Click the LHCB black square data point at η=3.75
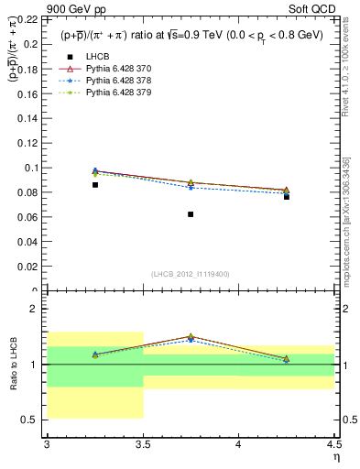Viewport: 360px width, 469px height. click(x=191, y=214)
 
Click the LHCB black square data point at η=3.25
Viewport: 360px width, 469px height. click(x=94, y=185)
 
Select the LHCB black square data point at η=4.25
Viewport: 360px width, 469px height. click(x=287, y=197)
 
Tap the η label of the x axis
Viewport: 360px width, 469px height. click(x=335, y=457)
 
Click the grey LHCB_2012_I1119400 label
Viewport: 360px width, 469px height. click(x=191, y=274)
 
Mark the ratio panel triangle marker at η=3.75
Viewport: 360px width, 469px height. click(x=191, y=337)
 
